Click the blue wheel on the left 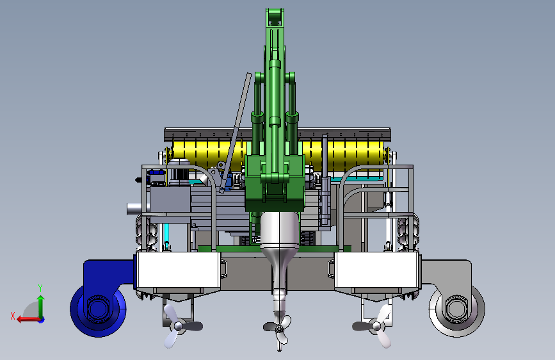click(x=98, y=309)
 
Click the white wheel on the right click(x=456, y=309)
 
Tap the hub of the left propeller click(x=179, y=326)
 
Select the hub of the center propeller click(x=280, y=329)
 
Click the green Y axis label click(x=40, y=288)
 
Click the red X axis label click(x=13, y=316)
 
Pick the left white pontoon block click(x=179, y=270)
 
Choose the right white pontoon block click(x=376, y=270)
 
